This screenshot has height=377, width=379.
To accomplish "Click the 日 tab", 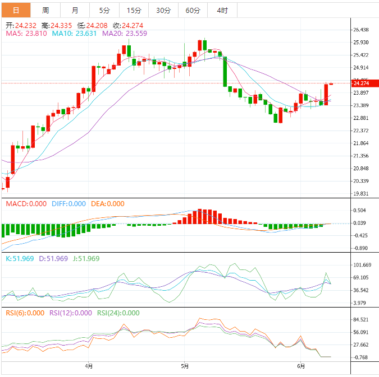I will pyautogui.click(x=16, y=10).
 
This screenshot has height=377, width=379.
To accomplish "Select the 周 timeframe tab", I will pyautogui.click(x=45, y=10).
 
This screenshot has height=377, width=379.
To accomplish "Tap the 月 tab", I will pyautogui.click(x=75, y=10).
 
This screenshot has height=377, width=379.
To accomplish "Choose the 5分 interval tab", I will pyautogui.click(x=104, y=10).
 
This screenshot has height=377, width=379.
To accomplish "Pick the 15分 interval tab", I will pyautogui.click(x=134, y=10).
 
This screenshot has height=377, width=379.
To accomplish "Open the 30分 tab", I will pyautogui.click(x=163, y=10).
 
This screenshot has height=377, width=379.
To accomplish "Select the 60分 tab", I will pyautogui.click(x=193, y=10).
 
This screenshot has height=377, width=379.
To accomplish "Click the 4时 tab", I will pyautogui.click(x=222, y=10).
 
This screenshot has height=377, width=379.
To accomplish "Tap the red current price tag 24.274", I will pyautogui.click(x=361, y=83).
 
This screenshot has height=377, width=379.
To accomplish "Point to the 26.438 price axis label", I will pyautogui.click(x=360, y=30).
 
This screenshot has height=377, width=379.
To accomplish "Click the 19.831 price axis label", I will pyautogui.click(x=360, y=194).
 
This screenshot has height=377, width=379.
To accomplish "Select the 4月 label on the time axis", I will pyautogui.click(x=89, y=366).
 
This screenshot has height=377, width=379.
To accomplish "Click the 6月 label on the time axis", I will pyautogui.click(x=302, y=366).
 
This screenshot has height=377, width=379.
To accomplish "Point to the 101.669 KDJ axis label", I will pyautogui.click(x=362, y=265).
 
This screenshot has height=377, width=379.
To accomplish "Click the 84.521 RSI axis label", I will pyautogui.click(x=360, y=320).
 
